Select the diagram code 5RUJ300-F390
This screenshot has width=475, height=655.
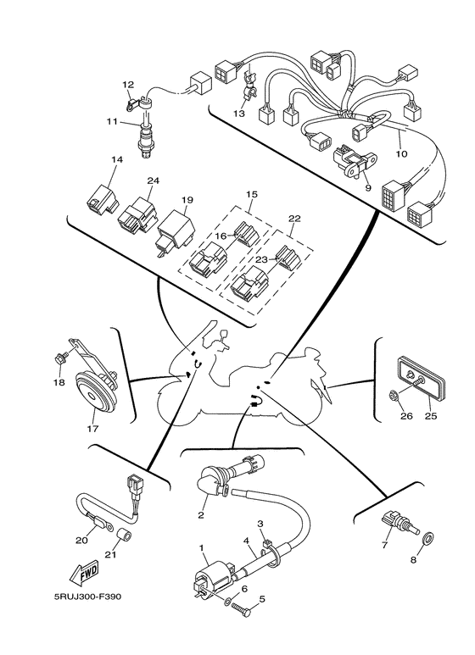tap(87, 597)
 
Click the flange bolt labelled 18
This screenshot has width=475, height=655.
tap(59, 358)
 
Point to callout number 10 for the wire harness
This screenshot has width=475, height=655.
tap(401, 154)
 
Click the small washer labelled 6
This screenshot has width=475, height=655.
tap(226, 602)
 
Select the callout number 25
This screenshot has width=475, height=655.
tap(431, 416)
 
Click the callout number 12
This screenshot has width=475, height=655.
tap(128, 85)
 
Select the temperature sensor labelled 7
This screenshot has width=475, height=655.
tap(400, 521)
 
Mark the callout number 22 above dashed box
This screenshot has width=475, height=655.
tap(294, 219)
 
